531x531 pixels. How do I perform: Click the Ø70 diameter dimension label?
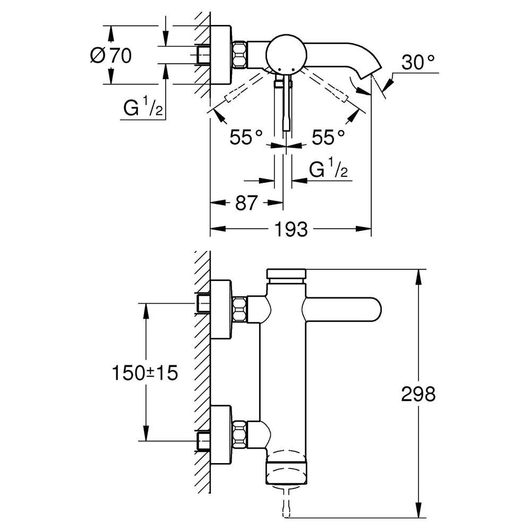[111, 55]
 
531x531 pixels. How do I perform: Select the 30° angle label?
[418, 62]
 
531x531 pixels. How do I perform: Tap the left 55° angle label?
[246, 137]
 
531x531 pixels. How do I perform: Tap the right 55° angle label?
[328, 137]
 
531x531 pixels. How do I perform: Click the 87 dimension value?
[246, 203]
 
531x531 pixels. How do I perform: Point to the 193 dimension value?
[291, 229]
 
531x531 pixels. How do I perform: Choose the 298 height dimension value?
[418, 394]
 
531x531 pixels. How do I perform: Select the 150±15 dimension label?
[144, 373]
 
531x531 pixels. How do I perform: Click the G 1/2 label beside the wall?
[143, 106]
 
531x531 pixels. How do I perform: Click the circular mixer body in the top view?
[287, 55]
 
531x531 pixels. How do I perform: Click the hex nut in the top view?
[239, 55]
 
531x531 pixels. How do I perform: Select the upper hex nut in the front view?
[239, 309]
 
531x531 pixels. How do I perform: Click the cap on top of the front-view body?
[287, 273]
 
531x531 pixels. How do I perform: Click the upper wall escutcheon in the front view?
[221, 310]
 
